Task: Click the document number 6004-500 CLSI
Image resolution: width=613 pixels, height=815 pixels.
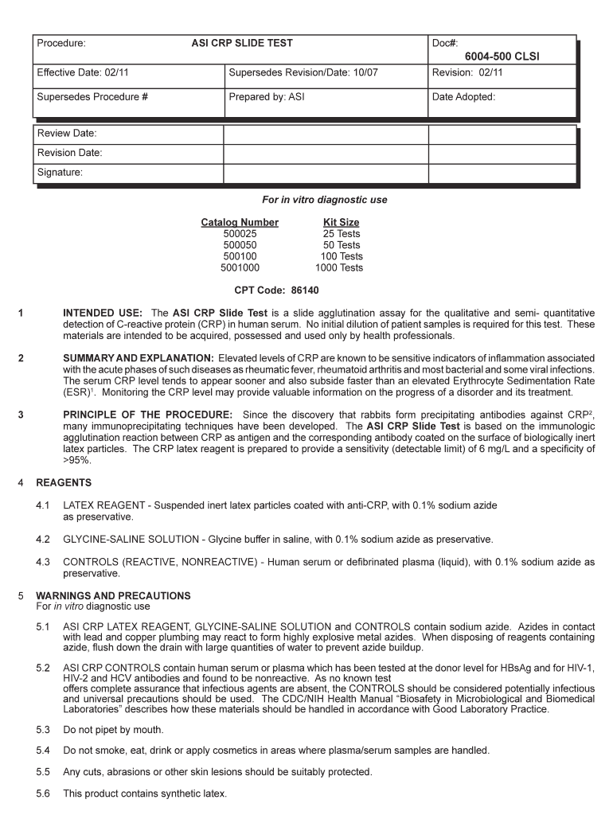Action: (x=502, y=57)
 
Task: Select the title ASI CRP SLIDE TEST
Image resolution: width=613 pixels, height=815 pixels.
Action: (x=242, y=43)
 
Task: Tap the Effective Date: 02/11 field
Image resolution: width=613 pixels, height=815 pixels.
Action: (x=83, y=72)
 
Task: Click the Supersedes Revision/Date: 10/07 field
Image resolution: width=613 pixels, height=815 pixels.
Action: (x=303, y=72)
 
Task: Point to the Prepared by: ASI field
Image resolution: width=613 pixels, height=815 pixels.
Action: (x=267, y=97)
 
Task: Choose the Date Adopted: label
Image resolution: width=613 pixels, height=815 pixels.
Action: (x=463, y=97)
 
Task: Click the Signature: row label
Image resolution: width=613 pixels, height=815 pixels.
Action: (x=60, y=172)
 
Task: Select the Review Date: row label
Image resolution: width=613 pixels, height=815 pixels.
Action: (x=67, y=133)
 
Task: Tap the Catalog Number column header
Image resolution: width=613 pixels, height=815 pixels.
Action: (x=240, y=222)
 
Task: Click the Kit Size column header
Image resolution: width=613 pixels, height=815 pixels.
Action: (x=341, y=222)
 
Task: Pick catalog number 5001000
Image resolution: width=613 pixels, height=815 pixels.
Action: (x=240, y=267)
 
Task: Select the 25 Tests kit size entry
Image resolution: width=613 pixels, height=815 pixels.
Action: (x=341, y=233)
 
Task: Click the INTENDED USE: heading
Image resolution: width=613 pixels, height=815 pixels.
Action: (x=103, y=313)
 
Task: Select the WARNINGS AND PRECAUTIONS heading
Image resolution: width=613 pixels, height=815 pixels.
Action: (x=113, y=595)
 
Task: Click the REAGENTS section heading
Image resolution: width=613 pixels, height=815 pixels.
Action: (x=64, y=482)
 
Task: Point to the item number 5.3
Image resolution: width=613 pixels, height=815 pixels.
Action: (x=43, y=730)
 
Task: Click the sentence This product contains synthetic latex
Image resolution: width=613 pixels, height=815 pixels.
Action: (x=145, y=794)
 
